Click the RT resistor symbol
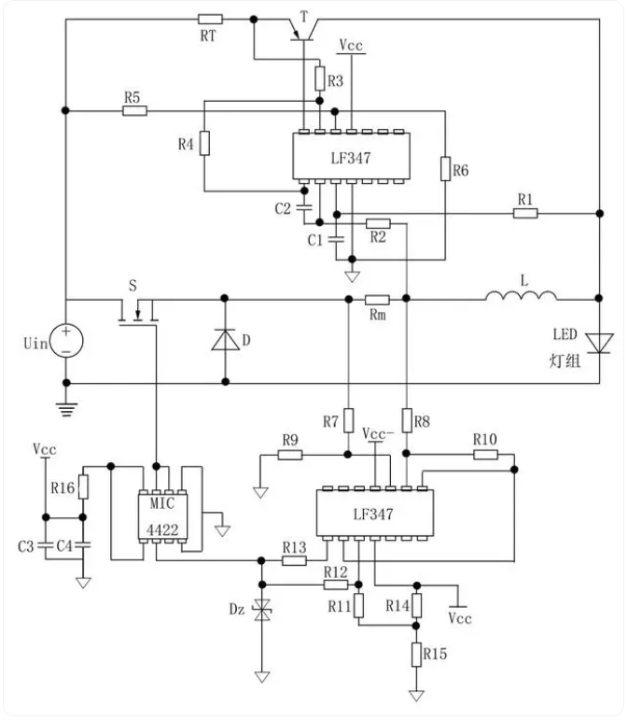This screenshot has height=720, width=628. [210, 20]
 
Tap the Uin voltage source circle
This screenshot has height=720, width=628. [66, 341]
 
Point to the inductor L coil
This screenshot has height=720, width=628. [521, 296]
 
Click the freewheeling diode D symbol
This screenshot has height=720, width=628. [225, 340]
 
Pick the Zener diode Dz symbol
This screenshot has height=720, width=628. [262, 610]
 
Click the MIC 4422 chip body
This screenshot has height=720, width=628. [163, 516]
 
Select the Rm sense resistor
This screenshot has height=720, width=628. [377, 300]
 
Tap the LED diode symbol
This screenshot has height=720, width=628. [599, 344]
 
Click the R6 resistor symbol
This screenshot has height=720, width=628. [445, 168]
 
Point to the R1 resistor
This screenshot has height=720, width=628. [525, 213]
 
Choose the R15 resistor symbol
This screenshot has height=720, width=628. [416, 655]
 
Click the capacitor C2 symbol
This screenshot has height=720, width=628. [304, 208]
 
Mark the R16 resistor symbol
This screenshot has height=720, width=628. [83, 487]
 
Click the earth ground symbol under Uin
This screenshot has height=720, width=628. [66, 409]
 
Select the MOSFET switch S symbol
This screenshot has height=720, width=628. [137, 312]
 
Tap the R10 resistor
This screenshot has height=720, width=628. [485, 455]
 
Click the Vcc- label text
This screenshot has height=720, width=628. [378, 434]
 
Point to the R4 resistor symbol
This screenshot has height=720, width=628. [204, 143]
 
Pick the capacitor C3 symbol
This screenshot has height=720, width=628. [46, 546]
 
